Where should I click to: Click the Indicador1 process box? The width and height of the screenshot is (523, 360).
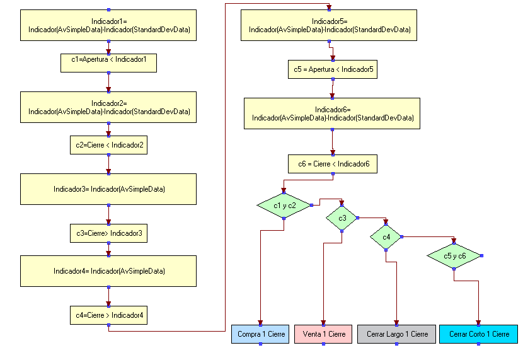click(x=108, y=25)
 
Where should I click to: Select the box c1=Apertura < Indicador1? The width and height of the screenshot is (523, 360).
click(x=108, y=62)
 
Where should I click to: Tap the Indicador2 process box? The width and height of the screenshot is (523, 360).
click(x=108, y=107)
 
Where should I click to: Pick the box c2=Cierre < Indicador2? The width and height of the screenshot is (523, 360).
click(x=108, y=145)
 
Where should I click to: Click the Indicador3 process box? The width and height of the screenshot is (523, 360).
click(x=108, y=189)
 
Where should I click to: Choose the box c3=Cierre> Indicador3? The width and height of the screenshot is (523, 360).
click(x=108, y=233)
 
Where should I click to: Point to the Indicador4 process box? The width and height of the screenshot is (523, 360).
click(x=108, y=270)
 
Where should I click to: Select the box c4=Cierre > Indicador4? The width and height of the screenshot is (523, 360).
click(x=108, y=315)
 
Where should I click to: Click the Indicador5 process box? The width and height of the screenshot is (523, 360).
click(x=329, y=25)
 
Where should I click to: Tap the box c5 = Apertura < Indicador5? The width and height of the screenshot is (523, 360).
click(x=333, y=69)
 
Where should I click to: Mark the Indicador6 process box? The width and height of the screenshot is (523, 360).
click(x=332, y=113)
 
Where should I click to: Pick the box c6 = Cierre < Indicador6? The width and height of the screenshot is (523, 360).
click(x=333, y=164)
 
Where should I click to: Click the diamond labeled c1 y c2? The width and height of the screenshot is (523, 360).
click(x=284, y=205)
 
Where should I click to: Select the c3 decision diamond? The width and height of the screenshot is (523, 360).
click(x=342, y=218)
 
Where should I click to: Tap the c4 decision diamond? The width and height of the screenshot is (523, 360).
click(x=386, y=236)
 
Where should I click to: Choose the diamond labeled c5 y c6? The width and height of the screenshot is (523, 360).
click(x=454, y=255)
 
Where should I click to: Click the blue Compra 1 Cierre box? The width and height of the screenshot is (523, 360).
click(x=260, y=334)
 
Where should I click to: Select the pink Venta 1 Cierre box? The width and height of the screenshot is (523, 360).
click(x=323, y=334)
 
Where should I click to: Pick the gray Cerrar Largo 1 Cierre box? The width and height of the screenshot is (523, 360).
click(x=396, y=334)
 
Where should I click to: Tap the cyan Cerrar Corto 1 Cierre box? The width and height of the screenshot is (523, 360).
click(x=478, y=334)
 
